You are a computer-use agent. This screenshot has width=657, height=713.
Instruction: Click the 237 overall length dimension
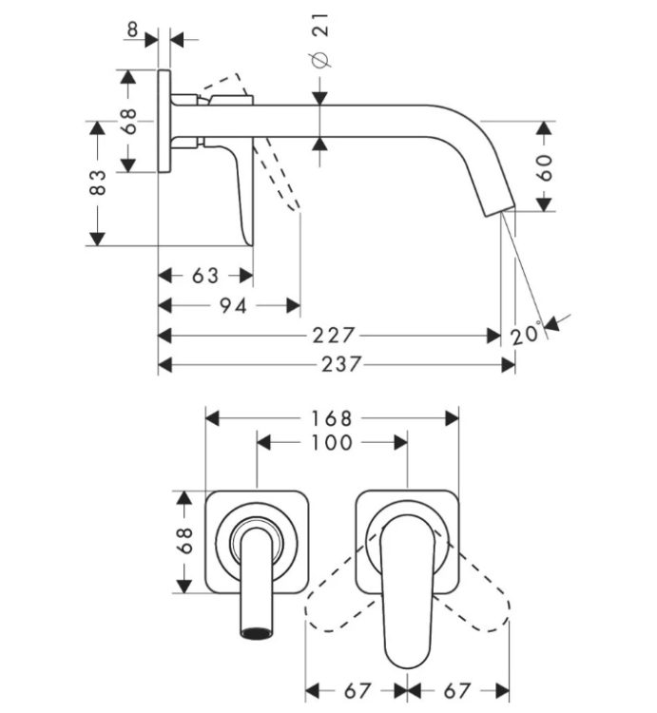[341, 364]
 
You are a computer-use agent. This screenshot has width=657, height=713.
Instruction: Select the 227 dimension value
[333, 336]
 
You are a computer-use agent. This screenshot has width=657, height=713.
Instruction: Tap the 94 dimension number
[233, 305]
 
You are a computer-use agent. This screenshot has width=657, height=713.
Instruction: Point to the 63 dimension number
[205, 276]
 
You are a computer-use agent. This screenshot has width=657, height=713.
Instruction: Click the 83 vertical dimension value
[97, 183]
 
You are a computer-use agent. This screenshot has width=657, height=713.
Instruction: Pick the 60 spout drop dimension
[544, 167]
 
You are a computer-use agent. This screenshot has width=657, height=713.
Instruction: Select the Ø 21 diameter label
[320, 41]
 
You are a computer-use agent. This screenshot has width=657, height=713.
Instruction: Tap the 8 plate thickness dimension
[132, 30]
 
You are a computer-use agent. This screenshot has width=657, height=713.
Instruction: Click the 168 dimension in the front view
[332, 419]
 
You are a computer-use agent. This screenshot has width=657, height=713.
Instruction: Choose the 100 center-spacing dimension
[332, 443]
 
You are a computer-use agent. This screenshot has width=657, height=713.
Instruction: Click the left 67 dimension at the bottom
[357, 692]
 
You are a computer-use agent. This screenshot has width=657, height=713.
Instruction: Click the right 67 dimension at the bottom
[456, 692]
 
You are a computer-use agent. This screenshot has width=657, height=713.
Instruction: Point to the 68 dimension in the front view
[184, 541]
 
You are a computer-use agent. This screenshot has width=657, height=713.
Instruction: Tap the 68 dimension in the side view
[128, 122]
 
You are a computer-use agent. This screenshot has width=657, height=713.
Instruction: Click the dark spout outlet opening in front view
[258, 632]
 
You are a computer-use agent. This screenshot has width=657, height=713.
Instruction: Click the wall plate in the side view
[164, 121]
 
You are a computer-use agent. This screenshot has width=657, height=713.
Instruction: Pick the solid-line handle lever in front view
[407, 590]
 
